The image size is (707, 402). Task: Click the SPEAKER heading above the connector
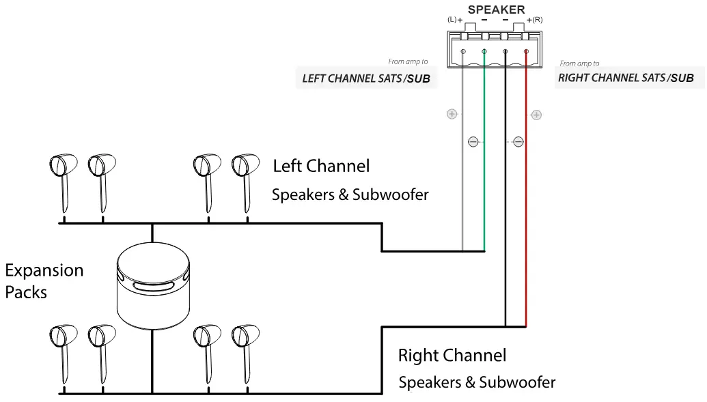(496, 10)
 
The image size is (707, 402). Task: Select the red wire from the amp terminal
(526, 205)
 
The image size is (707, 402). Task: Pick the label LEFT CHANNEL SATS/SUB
(366, 78)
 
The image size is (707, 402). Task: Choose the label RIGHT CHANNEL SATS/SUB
(626, 78)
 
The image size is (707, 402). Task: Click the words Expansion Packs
(44, 281)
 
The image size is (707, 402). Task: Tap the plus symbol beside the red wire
(536, 115)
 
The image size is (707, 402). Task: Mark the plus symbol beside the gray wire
(452, 114)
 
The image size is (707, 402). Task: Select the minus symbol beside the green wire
(473, 142)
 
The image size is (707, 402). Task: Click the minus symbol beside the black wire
(518, 142)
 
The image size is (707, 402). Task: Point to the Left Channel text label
(321, 166)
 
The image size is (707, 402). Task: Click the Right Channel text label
(452, 356)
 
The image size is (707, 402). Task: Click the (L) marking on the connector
(452, 20)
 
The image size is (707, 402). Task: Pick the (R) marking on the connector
(538, 20)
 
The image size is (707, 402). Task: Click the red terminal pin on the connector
(526, 52)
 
